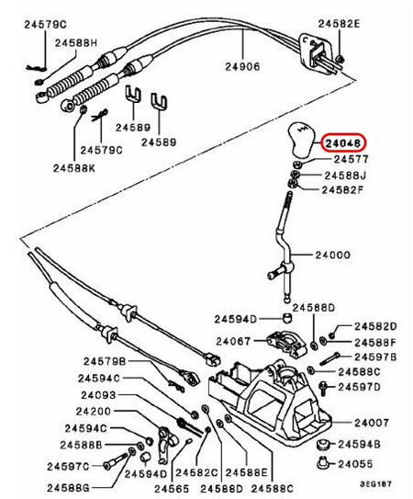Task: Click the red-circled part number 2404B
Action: pos(343,142)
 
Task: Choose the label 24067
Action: pos(233,341)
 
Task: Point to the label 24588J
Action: pos(344,175)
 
